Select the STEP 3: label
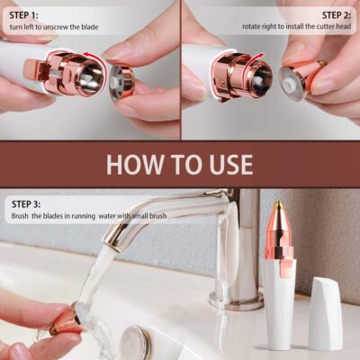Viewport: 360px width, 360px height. coord(25,204)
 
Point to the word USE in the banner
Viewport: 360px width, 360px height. coord(229,165)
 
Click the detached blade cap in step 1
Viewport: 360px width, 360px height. coord(121,78)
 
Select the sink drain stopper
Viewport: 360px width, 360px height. coord(136,342)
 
